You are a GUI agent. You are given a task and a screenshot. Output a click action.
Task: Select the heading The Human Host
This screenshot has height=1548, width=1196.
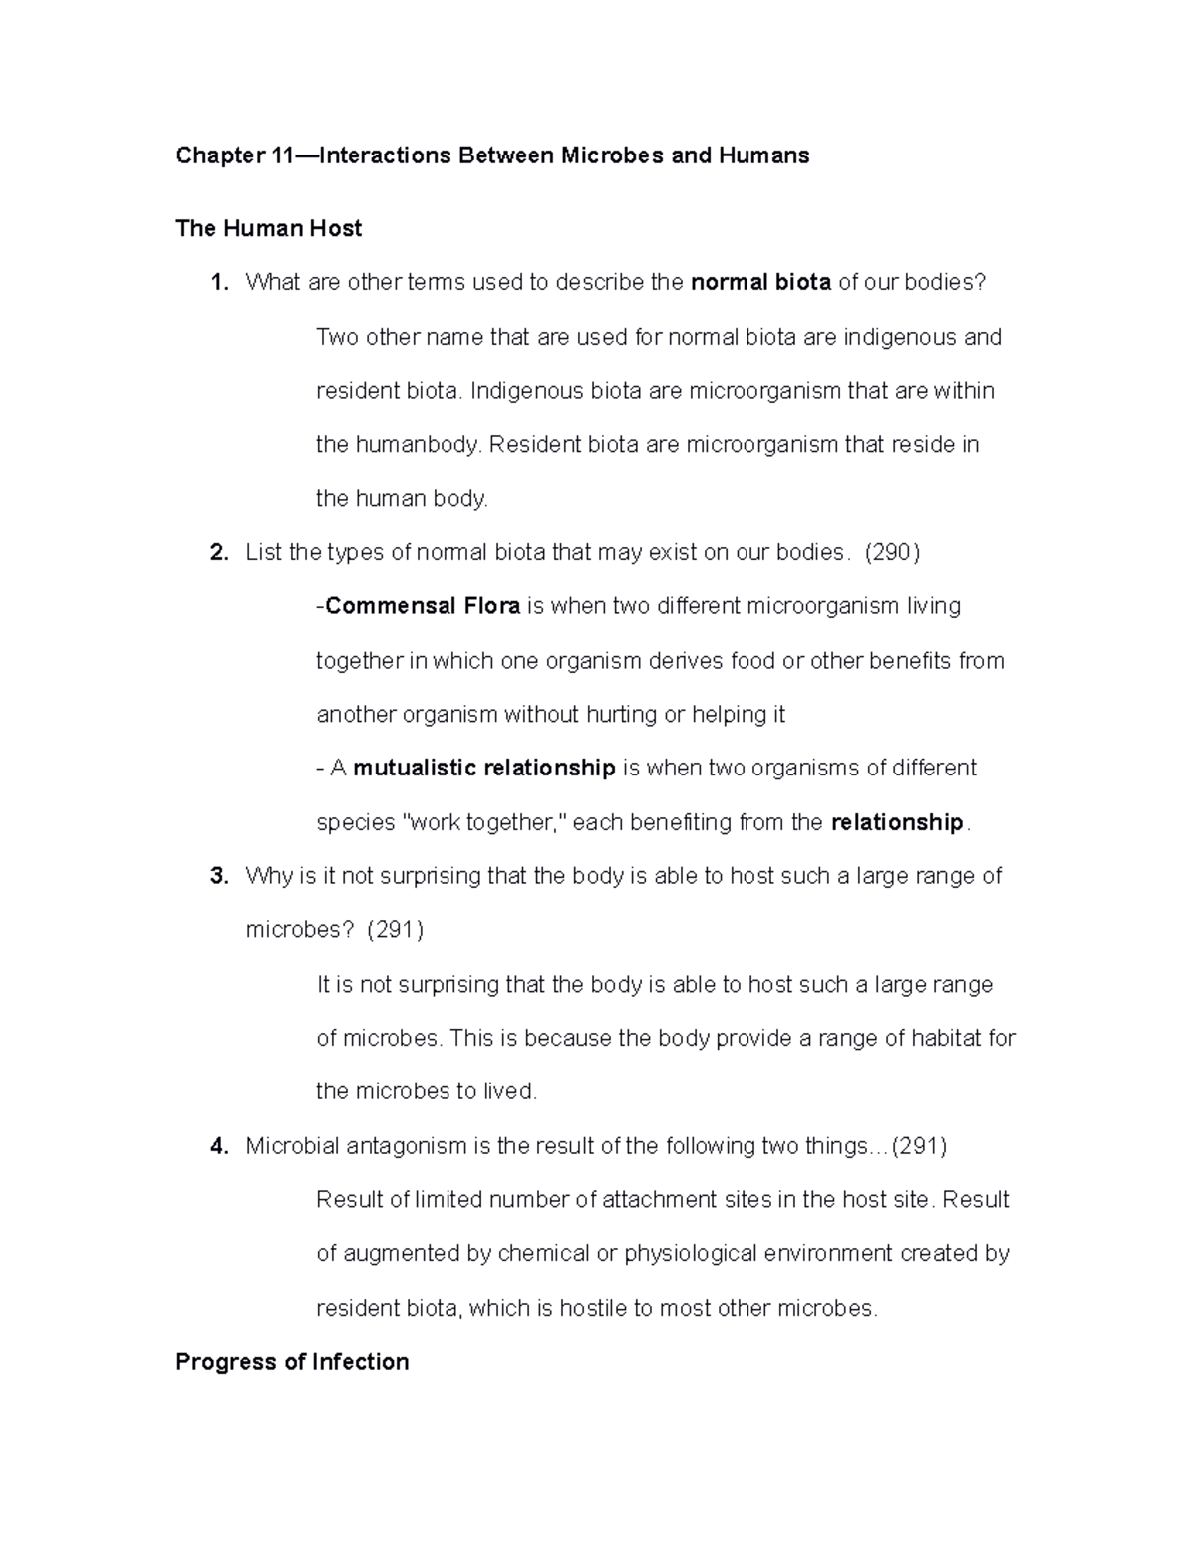(268, 228)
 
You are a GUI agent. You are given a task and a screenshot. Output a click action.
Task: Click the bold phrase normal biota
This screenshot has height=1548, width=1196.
(760, 282)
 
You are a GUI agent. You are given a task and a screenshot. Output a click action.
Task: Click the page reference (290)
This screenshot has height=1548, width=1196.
(892, 552)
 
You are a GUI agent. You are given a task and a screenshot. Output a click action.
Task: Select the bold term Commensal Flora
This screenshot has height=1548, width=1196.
(422, 606)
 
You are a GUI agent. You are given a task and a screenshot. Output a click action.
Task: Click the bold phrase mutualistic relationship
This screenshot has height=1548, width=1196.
(483, 769)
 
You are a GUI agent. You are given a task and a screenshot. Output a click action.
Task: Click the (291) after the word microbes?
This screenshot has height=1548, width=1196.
(395, 930)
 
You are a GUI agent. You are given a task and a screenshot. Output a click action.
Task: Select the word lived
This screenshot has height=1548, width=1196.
(509, 1091)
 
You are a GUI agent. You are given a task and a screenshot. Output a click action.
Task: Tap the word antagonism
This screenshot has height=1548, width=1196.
(406, 1146)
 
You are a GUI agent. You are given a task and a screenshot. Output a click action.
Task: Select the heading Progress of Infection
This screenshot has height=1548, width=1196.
(292, 1362)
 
